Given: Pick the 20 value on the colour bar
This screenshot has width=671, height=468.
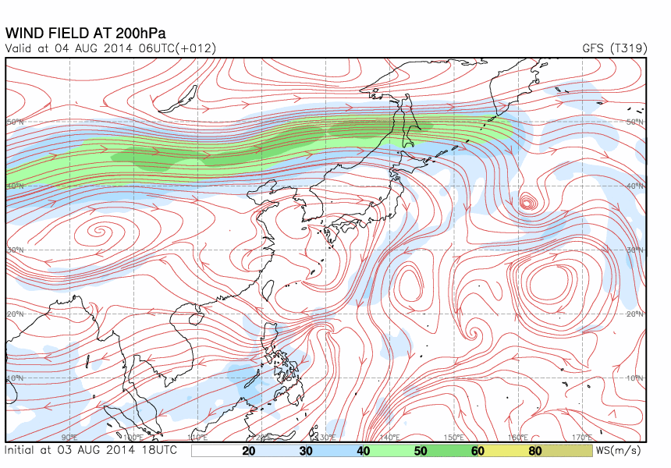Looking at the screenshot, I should [x=249, y=451].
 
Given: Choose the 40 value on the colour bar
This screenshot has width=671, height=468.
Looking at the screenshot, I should [x=363, y=451].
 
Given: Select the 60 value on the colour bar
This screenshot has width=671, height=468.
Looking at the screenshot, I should [x=478, y=451].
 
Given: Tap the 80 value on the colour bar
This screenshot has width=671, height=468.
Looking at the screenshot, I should [x=534, y=451].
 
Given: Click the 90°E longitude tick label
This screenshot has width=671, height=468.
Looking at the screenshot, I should [x=69, y=437].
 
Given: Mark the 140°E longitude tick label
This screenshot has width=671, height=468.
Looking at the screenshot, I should [x=389, y=437].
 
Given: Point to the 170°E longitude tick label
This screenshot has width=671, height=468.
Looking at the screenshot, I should [x=582, y=437].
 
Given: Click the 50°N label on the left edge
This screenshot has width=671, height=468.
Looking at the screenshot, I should [x=16, y=122].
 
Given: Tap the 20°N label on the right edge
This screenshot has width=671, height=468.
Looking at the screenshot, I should [x=635, y=314].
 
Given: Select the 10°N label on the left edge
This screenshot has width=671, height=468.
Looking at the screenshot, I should [x=16, y=378].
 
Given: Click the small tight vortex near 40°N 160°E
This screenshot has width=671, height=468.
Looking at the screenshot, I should [x=529, y=203].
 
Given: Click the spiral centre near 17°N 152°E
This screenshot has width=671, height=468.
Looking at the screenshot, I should [x=471, y=333].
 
